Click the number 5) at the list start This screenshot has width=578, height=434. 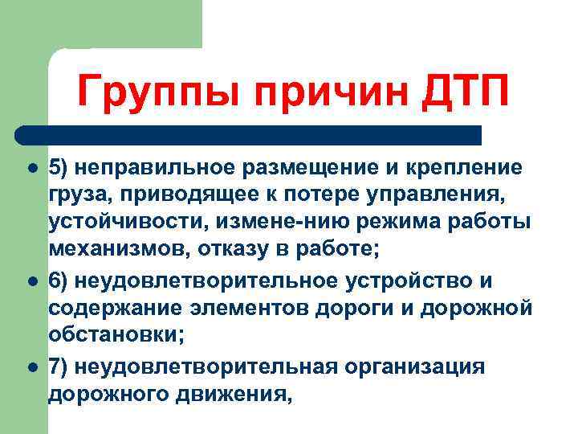click(x=58, y=168)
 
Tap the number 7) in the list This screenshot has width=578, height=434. click(x=58, y=366)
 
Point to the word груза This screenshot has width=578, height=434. click(x=72, y=196)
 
